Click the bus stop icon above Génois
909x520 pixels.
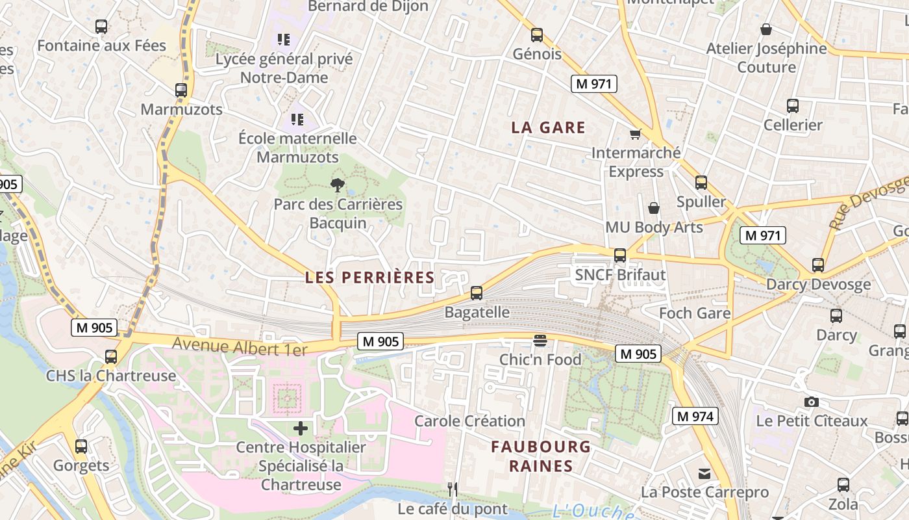[x=537, y=35]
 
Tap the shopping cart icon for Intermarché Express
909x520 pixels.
[x=635, y=135]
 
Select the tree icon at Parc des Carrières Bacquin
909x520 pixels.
[x=337, y=185]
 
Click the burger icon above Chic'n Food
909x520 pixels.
[x=540, y=340]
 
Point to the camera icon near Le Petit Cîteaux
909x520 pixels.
[x=812, y=402]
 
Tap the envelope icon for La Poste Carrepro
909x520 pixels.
[x=704, y=473]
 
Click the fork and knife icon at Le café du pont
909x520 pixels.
[x=453, y=489]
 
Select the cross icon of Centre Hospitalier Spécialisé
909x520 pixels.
[x=301, y=428]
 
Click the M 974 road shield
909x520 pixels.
[x=694, y=416]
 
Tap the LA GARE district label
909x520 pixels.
[x=548, y=127]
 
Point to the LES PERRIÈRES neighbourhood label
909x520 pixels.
[x=369, y=278]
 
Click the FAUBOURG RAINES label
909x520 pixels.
[x=541, y=456]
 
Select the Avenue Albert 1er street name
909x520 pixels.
[x=240, y=346]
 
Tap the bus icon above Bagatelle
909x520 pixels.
[x=477, y=293]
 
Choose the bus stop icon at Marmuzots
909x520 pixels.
[x=181, y=90]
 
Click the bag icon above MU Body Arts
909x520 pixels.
[x=654, y=208]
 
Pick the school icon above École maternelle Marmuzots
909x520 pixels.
[x=297, y=119]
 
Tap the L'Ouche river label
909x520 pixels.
[x=593, y=512]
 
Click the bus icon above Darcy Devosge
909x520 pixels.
[x=818, y=265]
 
